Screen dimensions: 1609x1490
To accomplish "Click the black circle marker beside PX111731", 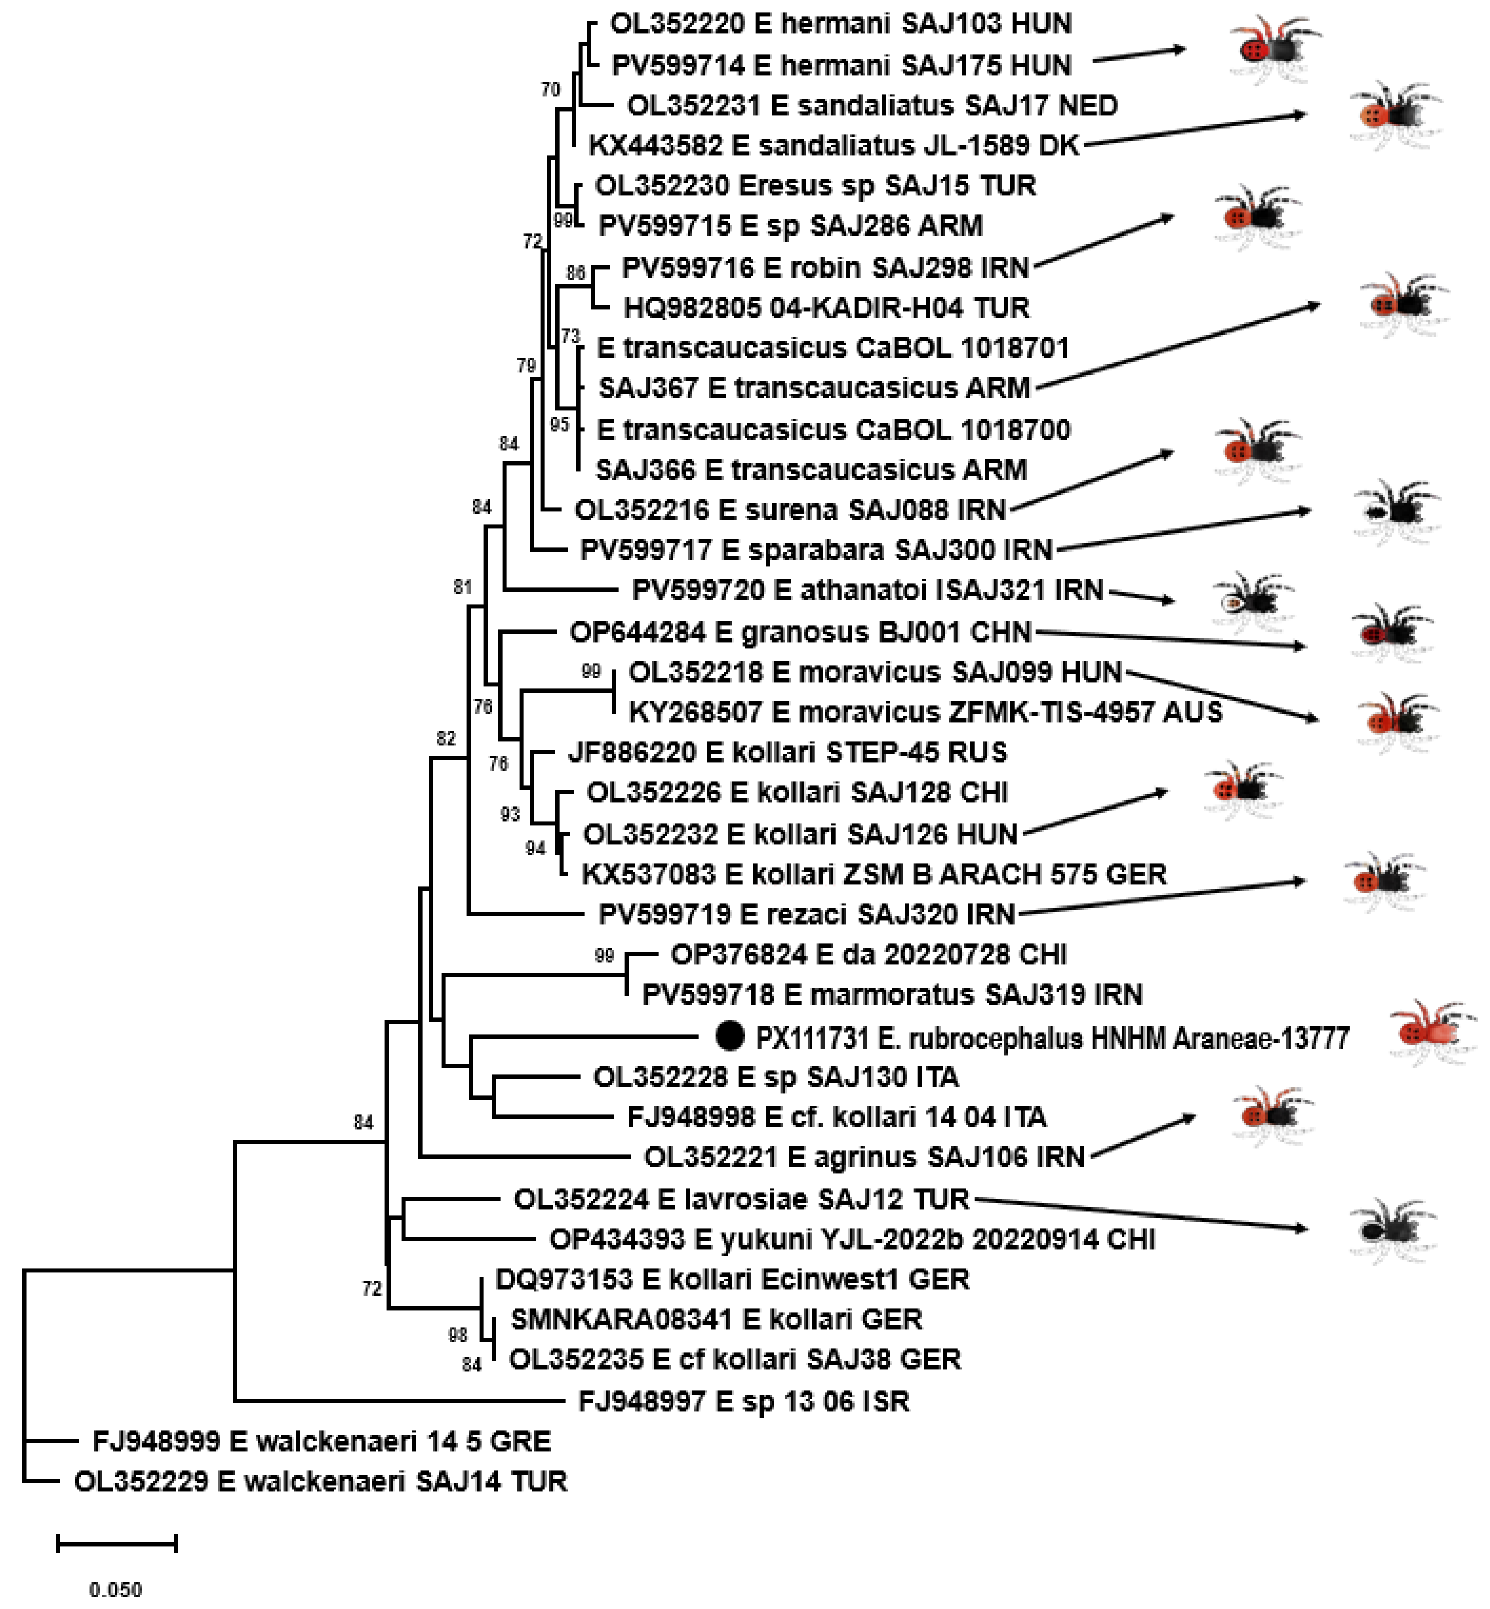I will pos(730,1036).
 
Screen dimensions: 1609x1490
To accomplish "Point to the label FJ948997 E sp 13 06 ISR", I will pos(743,1401).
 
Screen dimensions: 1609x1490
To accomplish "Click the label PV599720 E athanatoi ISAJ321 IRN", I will pos(867,591).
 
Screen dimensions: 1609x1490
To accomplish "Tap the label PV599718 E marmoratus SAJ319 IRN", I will pos(892,995).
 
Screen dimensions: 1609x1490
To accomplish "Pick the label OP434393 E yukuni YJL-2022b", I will pos(852,1239).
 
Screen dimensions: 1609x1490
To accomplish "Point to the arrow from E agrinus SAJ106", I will pos(1142,1137).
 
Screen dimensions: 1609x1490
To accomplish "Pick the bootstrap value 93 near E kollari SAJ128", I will pos(509,814).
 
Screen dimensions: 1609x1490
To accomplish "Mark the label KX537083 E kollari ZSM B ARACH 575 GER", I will pos(874,874).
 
